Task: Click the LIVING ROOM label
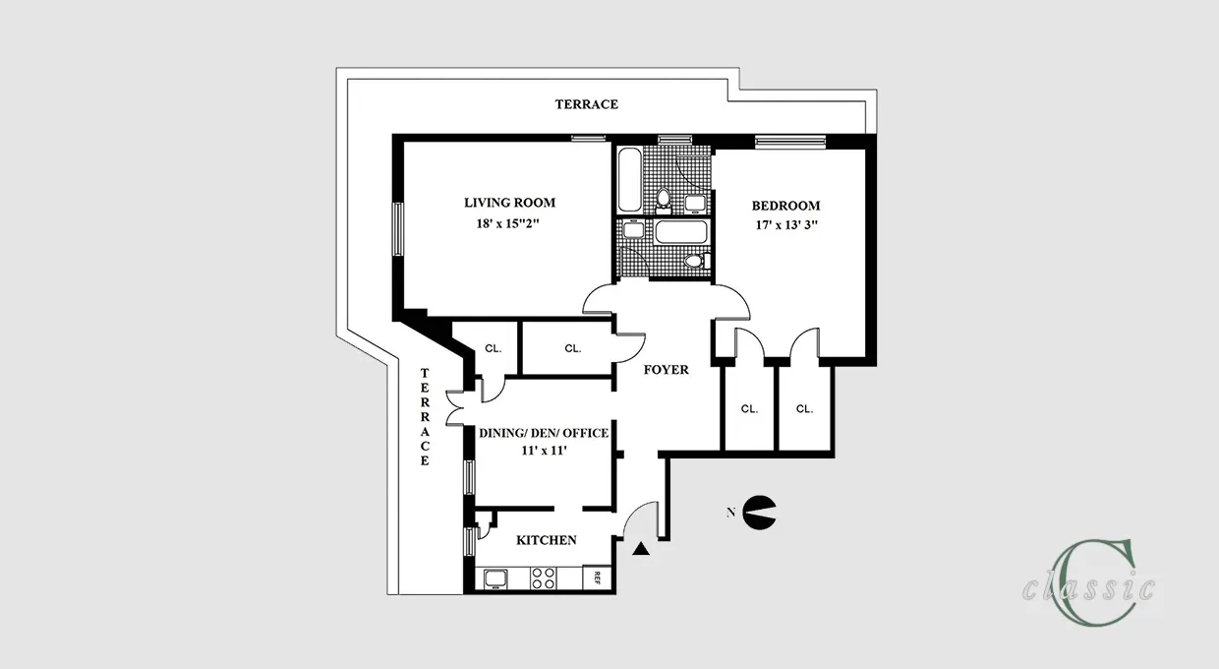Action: point(509,203)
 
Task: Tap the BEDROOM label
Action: point(785,206)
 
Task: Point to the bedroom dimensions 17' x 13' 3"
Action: point(785,225)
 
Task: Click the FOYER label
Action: point(666,370)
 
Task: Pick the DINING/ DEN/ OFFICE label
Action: point(544,433)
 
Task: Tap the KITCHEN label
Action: point(547,540)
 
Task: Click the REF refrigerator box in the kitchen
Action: point(594,578)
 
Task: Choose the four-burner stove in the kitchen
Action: point(544,578)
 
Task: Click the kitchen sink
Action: point(494,578)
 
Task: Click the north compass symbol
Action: point(759,511)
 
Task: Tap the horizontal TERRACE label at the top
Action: point(586,103)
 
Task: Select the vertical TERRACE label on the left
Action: point(425,416)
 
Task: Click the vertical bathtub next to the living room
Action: point(629,179)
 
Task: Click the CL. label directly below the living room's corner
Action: point(492,347)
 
